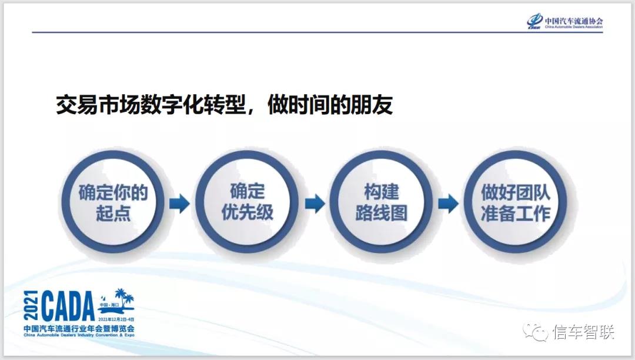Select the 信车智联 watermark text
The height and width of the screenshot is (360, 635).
coord(583,333)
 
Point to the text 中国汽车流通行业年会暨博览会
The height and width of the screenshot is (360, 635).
coord(79,328)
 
